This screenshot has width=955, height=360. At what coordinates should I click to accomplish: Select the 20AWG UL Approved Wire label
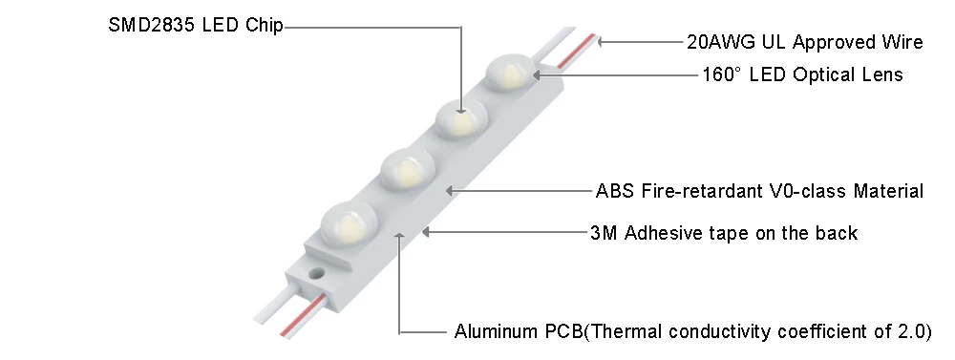[805, 42]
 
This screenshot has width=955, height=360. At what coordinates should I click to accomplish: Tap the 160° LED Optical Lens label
[802, 74]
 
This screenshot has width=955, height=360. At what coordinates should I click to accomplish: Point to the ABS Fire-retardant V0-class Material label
[759, 191]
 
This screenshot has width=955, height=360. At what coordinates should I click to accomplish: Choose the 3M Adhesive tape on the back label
[724, 232]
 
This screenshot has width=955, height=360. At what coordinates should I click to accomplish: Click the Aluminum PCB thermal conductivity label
[692, 332]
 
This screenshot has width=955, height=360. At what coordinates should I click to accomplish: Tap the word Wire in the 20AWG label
[903, 42]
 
